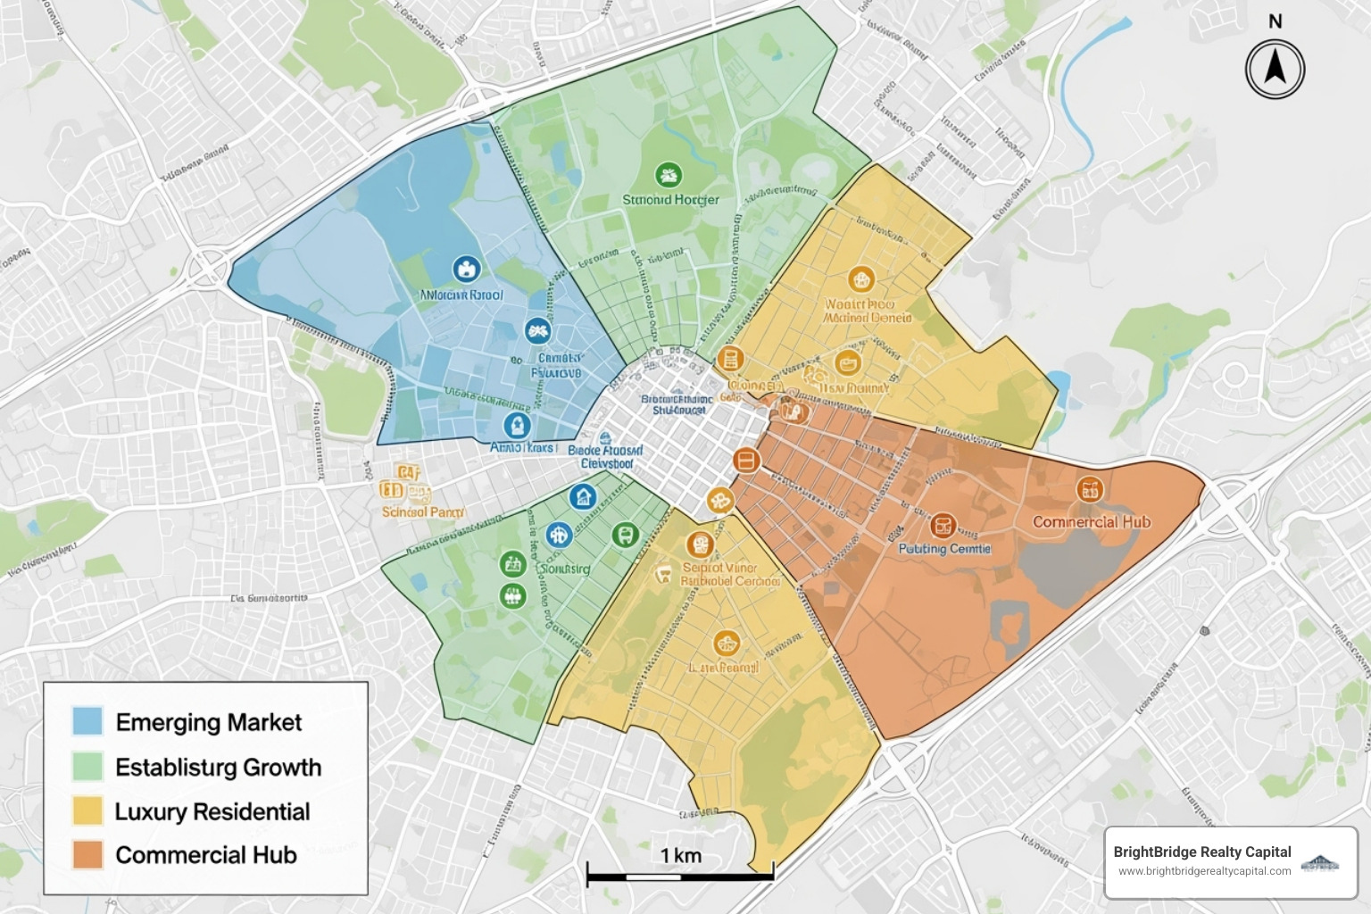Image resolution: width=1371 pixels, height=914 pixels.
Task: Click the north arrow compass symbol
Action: (x=1275, y=69)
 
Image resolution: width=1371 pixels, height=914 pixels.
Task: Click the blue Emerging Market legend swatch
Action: (x=87, y=721)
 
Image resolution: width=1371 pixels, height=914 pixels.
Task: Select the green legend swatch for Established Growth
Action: (x=87, y=767)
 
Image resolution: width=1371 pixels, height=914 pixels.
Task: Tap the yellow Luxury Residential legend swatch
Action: (x=87, y=811)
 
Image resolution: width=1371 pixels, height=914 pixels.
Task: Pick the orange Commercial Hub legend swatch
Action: (x=87, y=855)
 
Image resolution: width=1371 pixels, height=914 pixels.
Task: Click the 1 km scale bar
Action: (x=680, y=877)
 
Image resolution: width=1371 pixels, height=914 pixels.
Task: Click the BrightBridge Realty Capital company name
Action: (x=1201, y=852)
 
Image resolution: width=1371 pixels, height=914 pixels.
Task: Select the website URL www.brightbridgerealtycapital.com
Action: (x=1204, y=871)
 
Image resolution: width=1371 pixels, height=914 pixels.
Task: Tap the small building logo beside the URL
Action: (x=1320, y=862)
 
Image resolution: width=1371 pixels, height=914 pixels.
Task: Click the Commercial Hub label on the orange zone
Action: (x=1091, y=522)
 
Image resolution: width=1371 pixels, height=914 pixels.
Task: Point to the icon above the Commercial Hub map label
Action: (x=1089, y=489)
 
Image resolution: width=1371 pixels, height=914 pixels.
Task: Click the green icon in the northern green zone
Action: (x=668, y=175)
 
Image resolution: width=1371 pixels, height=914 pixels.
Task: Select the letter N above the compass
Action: (x=1275, y=21)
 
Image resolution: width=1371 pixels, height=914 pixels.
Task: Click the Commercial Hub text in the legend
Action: (x=206, y=855)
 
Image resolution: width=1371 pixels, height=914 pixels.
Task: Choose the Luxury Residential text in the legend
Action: (x=212, y=811)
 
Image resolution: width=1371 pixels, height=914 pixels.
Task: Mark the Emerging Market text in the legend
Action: (x=209, y=722)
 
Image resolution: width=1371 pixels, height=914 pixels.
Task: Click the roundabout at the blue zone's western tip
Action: (x=209, y=266)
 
